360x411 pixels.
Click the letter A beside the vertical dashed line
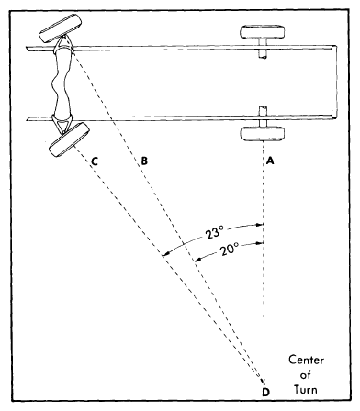(270, 159)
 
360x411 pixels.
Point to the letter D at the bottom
(265, 394)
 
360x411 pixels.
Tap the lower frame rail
(184, 117)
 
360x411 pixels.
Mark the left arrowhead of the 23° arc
(164, 254)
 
